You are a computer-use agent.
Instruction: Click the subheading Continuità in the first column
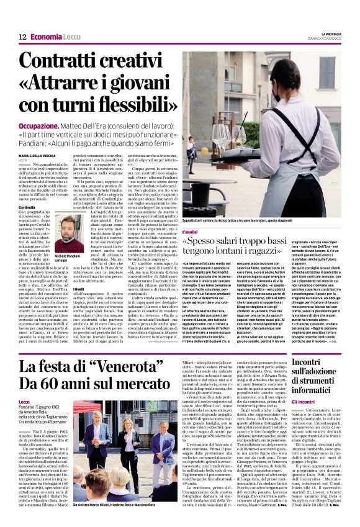point(27,207)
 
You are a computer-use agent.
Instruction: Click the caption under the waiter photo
point(254,221)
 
